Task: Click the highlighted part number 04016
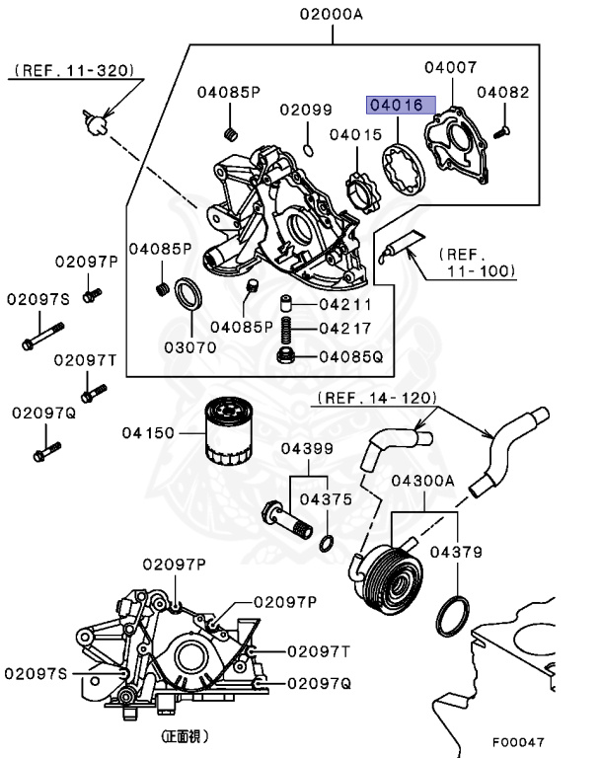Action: [401, 105]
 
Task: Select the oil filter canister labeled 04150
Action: [228, 430]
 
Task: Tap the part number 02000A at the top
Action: [332, 14]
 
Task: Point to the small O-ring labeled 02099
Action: [308, 150]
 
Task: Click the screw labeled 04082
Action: [501, 131]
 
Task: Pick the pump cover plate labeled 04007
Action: [456, 145]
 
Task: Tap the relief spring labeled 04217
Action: [286, 330]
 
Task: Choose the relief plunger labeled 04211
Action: [286, 305]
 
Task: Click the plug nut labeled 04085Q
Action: [286, 355]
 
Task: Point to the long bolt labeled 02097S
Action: [42, 336]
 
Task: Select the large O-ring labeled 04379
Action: [453, 616]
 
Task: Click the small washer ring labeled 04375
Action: [327, 544]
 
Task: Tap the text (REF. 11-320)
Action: [74, 71]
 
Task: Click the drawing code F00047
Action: [518, 742]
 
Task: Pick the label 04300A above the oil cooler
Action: [423, 481]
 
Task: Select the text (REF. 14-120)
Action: [377, 398]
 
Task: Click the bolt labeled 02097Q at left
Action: [47, 451]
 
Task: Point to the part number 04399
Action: [308, 448]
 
